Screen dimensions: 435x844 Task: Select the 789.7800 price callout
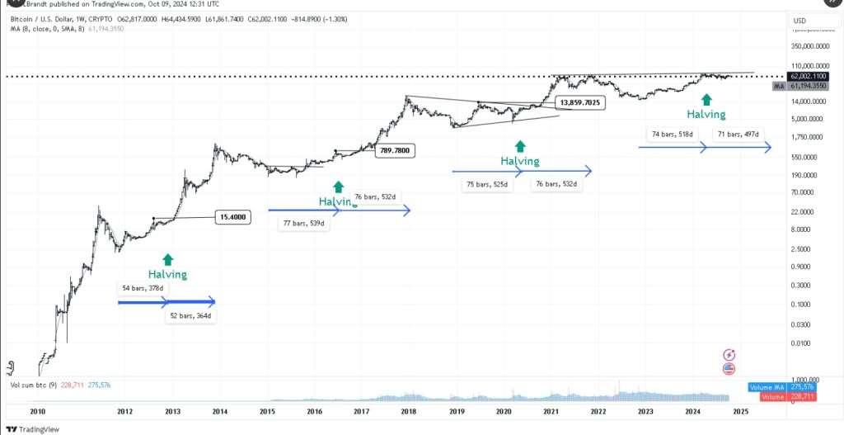395,150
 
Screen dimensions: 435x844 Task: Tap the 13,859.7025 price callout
581,102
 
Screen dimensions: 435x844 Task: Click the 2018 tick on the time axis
408,410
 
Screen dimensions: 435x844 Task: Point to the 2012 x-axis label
124,410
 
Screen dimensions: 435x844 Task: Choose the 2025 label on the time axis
739,410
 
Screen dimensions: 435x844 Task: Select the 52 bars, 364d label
190,316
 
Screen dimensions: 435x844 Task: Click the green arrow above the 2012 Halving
168,259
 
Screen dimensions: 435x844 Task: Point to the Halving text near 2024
706,115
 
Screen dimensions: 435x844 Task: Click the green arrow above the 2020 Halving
520,145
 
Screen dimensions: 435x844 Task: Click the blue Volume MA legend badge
768,386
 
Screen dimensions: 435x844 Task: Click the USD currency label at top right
799,21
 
